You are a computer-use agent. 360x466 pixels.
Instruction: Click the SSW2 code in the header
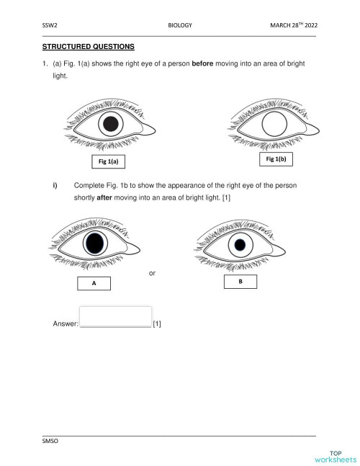coord(50,25)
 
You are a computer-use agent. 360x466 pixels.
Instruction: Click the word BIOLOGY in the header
coord(179,25)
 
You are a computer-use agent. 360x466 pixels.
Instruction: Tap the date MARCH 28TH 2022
coord(293,25)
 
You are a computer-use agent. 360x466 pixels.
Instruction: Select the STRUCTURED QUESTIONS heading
coord(89,47)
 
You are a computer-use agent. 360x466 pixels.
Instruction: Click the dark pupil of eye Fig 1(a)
coord(110,125)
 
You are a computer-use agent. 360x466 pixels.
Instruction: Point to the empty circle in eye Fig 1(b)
coord(274,125)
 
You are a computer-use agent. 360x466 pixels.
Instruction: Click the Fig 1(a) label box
coord(105,161)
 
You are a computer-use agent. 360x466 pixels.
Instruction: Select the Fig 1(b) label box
coord(278,158)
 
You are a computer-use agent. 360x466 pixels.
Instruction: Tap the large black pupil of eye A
coord(94,245)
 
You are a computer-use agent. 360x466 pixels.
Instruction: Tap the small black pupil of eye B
coord(240,246)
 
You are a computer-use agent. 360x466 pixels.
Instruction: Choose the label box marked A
coord(94,284)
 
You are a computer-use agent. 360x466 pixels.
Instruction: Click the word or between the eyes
coord(152,273)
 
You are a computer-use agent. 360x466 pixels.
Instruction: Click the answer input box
coord(115,316)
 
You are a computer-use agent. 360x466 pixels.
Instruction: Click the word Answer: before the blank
coord(66,324)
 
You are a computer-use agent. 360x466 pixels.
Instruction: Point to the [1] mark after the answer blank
coord(157,324)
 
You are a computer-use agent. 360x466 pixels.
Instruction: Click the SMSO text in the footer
coord(50,440)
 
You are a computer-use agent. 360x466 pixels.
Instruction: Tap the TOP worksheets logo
coord(335,454)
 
